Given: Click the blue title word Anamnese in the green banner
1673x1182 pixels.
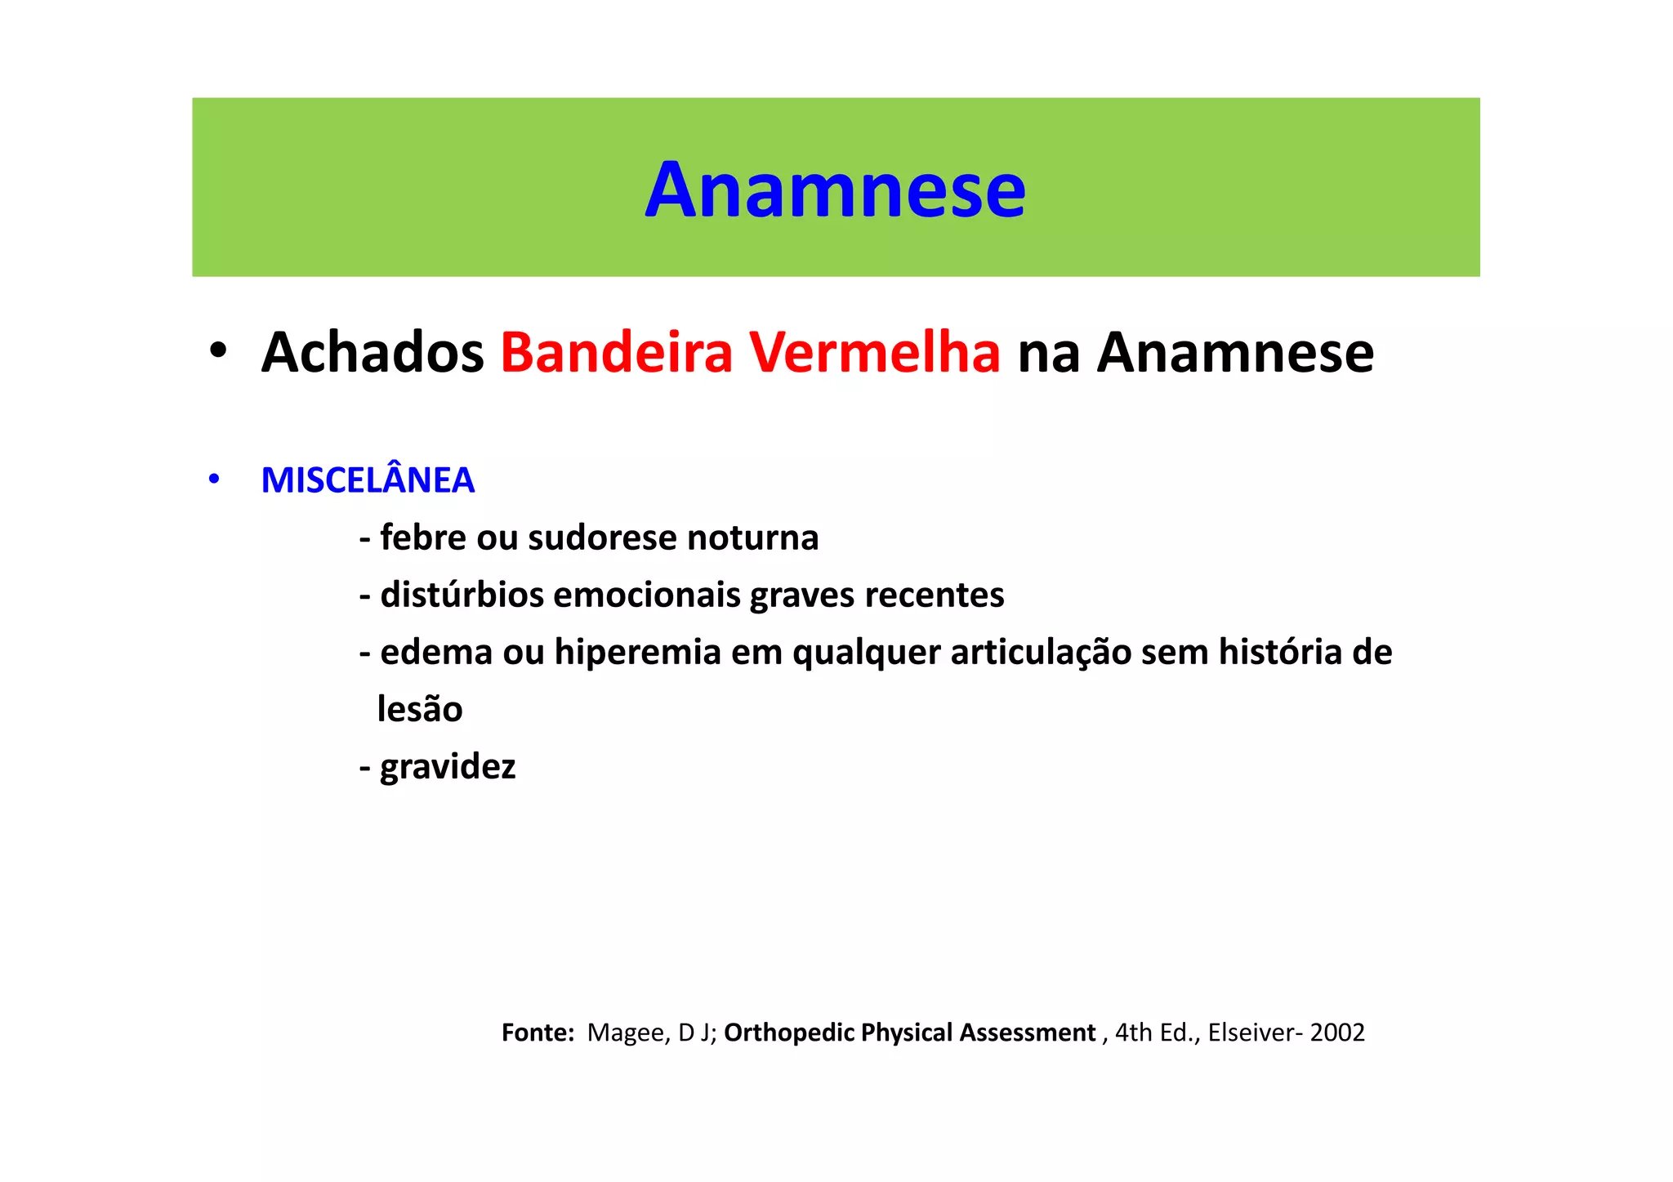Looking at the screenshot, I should click(x=835, y=190).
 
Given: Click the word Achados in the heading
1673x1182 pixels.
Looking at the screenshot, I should click(x=373, y=353).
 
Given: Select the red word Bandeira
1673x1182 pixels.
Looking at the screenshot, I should click(x=617, y=353).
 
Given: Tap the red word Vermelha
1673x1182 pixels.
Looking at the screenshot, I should click(x=875, y=353).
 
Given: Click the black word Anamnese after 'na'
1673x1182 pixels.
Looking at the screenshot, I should click(x=1234, y=353).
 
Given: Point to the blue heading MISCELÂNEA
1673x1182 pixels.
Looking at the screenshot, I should click(x=368, y=480).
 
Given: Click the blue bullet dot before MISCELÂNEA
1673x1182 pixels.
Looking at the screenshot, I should click(x=214, y=479).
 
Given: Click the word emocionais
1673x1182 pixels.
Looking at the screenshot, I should click(x=646, y=595).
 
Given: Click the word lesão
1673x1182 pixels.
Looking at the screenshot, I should click(x=420, y=710).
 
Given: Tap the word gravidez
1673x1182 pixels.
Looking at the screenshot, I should click(x=448, y=767).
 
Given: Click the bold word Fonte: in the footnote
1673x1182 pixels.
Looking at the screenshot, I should click(x=538, y=1033).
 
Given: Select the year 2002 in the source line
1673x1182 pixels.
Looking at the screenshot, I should click(x=1337, y=1033).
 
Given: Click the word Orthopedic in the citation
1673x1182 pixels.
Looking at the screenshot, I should click(x=788, y=1033).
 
